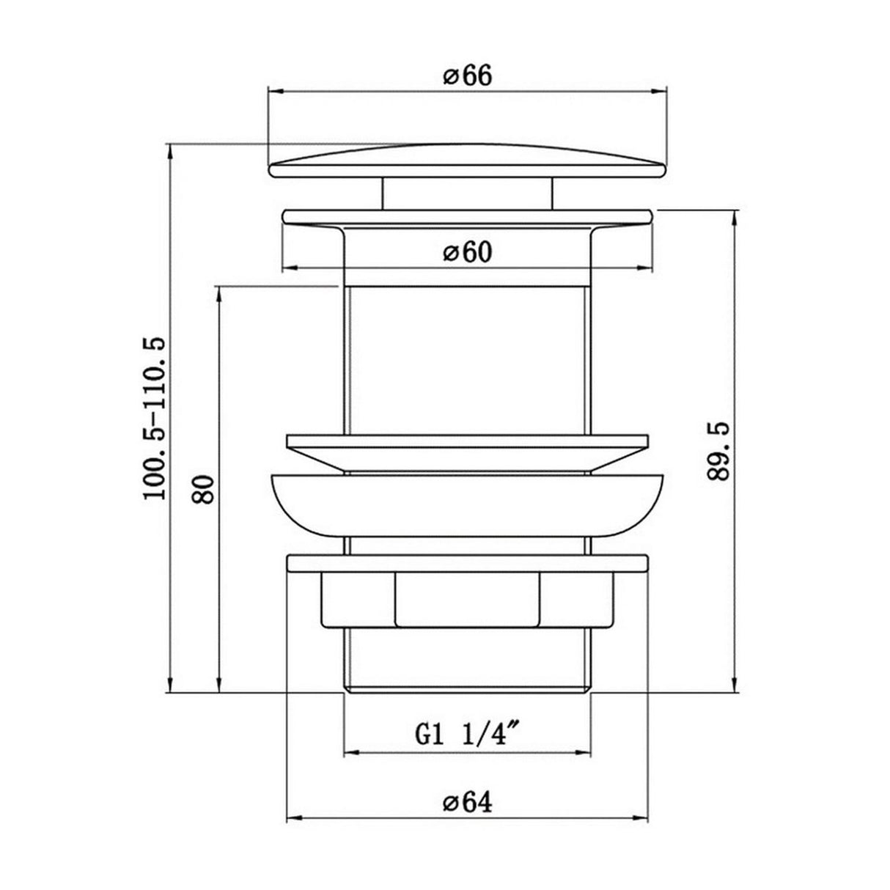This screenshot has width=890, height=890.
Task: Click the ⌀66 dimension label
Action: coord(468,76)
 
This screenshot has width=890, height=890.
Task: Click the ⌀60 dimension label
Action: coord(468,252)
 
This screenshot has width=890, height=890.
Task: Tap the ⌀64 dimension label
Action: coord(468,816)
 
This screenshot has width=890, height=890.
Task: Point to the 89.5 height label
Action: coord(718,452)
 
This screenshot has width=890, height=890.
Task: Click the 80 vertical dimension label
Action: coord(203,489)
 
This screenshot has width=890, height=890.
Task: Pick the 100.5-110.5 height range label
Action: coord(154,418)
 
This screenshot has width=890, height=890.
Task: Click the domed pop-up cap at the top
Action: coord(468,161)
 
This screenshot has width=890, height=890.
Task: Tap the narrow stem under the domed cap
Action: coord(467,194)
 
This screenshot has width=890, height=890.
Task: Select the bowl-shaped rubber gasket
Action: coord(468,506)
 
